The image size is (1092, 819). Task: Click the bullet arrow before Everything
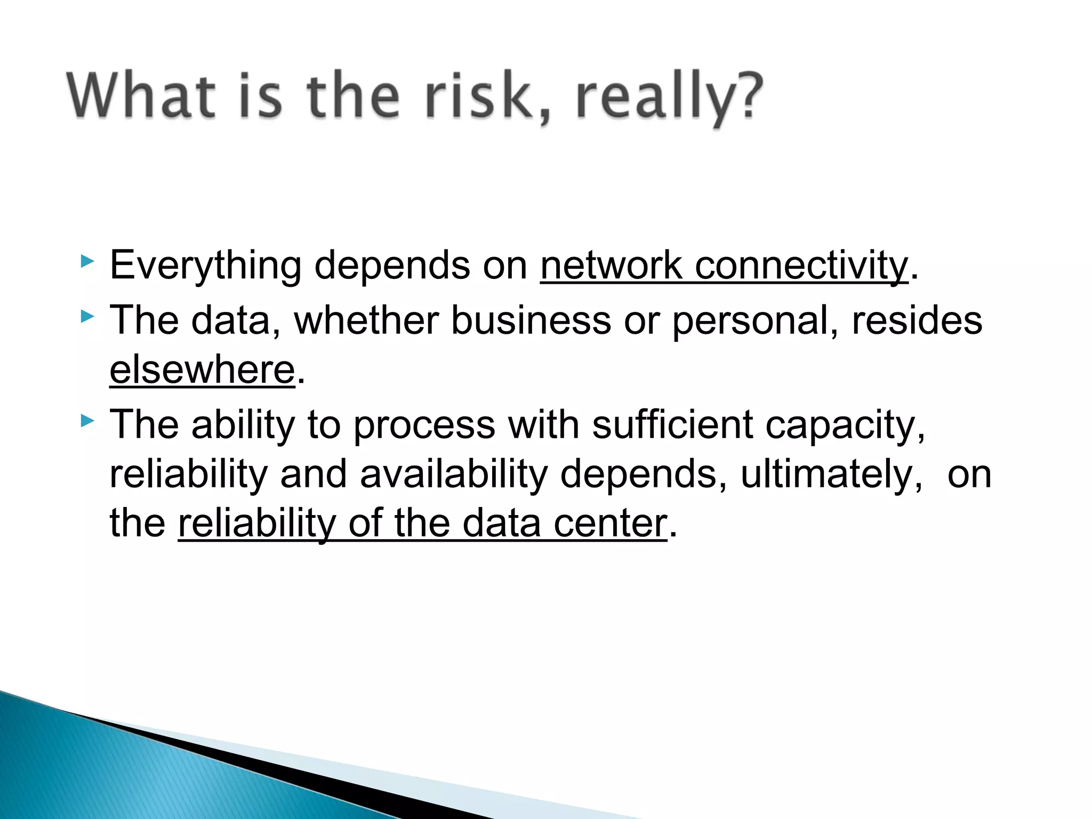(88, 262)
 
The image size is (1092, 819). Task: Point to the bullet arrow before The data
(88, 317)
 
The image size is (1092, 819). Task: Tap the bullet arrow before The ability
(88, 422)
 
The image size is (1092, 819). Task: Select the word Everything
(205, 266)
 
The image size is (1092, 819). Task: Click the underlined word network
(611, 265)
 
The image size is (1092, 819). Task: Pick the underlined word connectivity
(801, 265)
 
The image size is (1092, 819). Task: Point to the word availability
(454, 474)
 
